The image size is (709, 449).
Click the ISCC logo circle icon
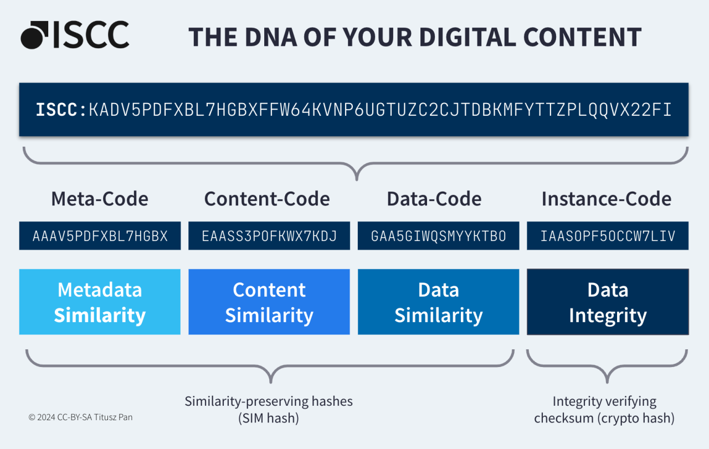pyautogui.click(x=35, y=35)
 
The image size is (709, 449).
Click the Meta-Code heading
pyautogui.click(x=100, y=199)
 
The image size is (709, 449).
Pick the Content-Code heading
pyautogui.click(x=267, y=199)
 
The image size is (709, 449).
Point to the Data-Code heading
pyautogui.click(x=434, y=199)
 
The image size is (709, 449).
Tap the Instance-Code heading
pyautogui.click(x=607, y=199)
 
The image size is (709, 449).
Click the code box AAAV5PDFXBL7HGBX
pyautogui.click(x=100, y=236)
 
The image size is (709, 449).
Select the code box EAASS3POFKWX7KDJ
pyautogui.click(x=269, y=236)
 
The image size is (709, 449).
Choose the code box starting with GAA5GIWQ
pyautogui.click(x=438, y=236)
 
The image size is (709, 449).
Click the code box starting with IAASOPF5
pyautogui.click(x=608, y=236)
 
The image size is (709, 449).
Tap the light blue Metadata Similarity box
pyautogui.click(x=100, y=302)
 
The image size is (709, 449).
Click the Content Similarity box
pyautogui.click(x=269, y=302)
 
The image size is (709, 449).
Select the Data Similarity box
pyautogui.click(x=438, y=302)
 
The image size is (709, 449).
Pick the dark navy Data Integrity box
pyautogui.click(x=608, y=302)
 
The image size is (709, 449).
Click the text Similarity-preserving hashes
pyautogui.click(x=269, y=401)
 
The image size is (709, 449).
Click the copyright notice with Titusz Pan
pyautogui.click(x=81, y=417)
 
